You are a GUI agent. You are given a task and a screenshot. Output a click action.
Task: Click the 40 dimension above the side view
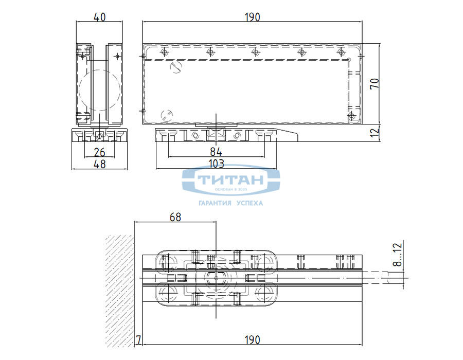[x=99, y=17]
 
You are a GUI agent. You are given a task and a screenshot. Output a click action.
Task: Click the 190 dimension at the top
[x=253, y=17]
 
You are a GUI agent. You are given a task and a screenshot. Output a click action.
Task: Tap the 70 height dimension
[x=375, y=83]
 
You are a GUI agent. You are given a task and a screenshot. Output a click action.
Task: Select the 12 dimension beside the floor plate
[x=375, y=132]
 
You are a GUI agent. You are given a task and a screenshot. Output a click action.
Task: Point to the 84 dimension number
[x=216, y=152]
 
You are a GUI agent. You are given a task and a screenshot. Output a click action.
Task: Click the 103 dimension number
[x=217, y=164]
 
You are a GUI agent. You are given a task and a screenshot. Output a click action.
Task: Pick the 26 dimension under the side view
[x=99, y=152]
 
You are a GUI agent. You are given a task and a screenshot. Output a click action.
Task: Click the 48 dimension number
[x=99, y=164]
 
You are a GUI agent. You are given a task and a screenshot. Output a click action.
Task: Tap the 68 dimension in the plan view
[x=175, y=217]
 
